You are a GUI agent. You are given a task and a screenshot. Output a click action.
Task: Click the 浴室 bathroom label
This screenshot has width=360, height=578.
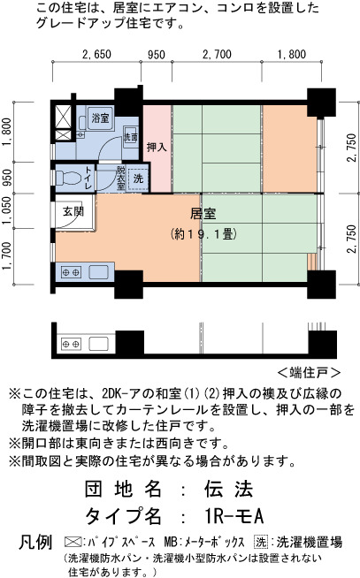100,118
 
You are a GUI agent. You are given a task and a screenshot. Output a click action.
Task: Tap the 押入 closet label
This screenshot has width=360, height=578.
157,147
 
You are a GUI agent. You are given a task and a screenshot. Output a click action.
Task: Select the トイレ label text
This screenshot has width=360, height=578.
88,178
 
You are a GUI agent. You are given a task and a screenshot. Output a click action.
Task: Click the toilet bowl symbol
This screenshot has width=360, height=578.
69,178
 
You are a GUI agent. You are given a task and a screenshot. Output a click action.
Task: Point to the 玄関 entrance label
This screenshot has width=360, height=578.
73,211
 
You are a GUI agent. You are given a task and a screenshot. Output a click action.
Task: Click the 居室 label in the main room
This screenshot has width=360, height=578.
203,214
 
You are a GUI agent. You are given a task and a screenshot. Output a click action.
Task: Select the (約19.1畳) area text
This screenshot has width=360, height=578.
203,233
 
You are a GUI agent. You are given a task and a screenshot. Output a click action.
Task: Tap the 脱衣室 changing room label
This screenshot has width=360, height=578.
120,179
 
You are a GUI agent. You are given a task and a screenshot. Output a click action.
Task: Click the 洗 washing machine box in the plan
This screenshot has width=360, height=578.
138,179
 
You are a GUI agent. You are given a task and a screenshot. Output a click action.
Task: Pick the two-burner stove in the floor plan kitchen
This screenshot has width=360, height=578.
71,272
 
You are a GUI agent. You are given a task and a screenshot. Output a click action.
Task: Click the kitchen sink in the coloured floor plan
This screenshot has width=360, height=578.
98,272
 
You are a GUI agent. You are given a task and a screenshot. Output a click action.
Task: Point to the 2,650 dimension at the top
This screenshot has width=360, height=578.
96,55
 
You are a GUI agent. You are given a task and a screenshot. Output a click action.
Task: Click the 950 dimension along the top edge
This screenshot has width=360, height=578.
157,55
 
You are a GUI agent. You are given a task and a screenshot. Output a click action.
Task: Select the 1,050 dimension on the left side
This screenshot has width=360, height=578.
7,211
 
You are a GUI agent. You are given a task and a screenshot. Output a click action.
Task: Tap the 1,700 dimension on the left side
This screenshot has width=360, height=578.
7,256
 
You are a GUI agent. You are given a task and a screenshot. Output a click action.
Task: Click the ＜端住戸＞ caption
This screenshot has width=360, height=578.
309,372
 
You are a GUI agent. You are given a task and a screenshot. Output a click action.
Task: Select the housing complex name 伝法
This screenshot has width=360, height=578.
229,489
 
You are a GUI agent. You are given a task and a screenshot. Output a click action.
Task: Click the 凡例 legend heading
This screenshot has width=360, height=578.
35,542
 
